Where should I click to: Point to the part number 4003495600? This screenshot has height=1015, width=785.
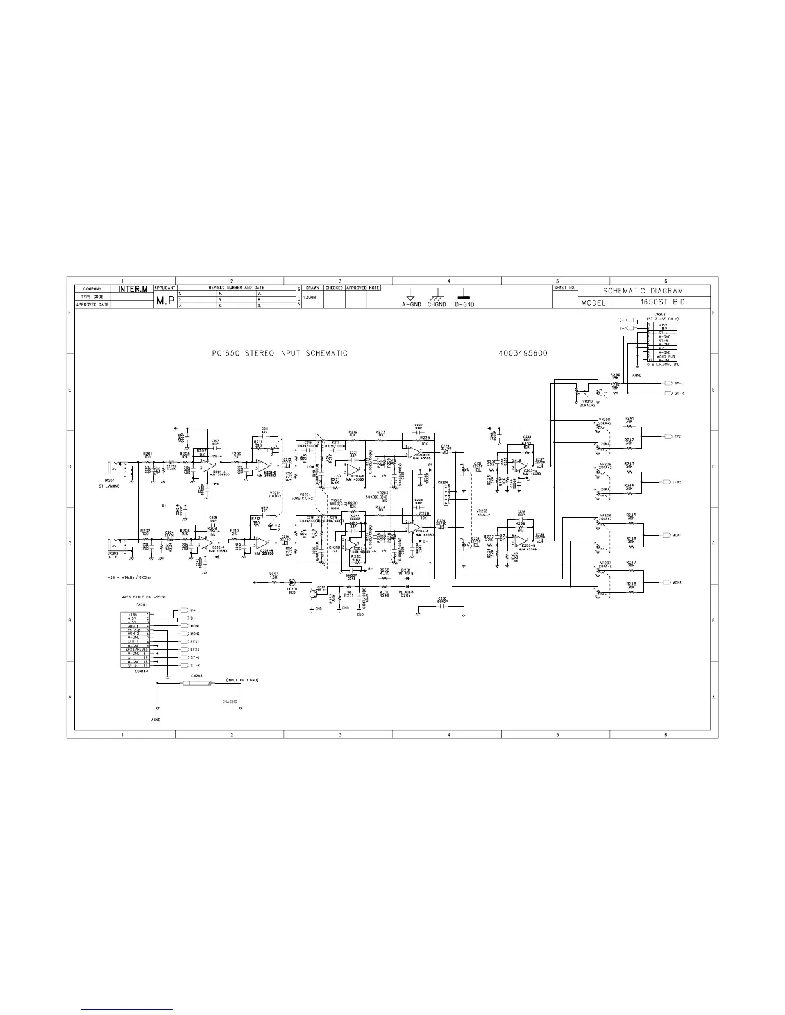(x=522, y=354)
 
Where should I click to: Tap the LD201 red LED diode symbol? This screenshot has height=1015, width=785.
(x=291, y=582)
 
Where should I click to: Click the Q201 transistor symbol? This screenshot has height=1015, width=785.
(x=312, y=594)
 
